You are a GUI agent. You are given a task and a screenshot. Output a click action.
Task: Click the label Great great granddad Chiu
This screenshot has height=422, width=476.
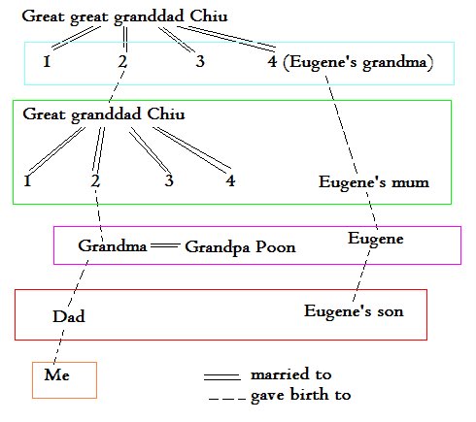pyautogui.click(x=124, y=17)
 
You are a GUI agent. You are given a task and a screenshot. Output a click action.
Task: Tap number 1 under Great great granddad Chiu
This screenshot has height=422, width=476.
pyautogui.click(x=47, y=61)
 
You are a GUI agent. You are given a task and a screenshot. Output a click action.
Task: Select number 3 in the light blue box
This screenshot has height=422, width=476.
pyautogui.click(x=200, y=61)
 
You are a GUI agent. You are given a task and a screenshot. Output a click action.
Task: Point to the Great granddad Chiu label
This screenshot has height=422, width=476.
pyautogui.click(x=104, y=114)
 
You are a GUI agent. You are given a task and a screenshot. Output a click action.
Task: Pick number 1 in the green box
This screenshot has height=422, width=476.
pyautogui.click(x=27, y=180)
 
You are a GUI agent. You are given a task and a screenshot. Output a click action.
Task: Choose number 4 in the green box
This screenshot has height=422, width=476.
pyautogui.click(x=230, y=180)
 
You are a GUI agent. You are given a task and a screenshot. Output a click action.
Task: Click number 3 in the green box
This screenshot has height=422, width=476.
pyautogui.click(x=169, y=180)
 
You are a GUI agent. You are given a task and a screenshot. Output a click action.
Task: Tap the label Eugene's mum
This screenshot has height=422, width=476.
pyautogui.click(x=374, y=182)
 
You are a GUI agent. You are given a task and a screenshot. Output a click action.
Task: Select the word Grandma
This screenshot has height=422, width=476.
pyautogui.click(x=113, y=246)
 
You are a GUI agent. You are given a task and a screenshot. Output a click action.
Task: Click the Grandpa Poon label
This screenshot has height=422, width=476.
pyautogui.click(x=240, y=247)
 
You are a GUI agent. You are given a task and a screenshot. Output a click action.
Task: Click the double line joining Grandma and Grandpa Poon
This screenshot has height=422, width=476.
pyautogui.click(x=165, y=245)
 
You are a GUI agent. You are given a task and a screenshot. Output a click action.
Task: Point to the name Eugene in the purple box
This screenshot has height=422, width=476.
pyautogui.click(x=376, y=240)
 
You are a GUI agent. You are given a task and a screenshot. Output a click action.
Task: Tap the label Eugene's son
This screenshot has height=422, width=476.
pyautogui.click(x=354, y=311)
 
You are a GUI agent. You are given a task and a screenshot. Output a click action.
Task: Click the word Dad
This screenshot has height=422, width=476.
pyautogui.click(x=69, y=316)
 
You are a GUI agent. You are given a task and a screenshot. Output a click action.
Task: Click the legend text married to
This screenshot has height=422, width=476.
pyautogui.click(x=291, y=374)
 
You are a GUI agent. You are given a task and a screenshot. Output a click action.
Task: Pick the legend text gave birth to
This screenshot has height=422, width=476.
pyautogui.click(x=301, y=395)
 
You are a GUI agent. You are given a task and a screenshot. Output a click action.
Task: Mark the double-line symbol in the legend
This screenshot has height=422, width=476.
pyautogui.click(x=222, y=376)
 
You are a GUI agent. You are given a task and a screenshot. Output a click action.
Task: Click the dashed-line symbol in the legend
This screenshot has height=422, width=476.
pyautogui.click(x=227, y=399)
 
